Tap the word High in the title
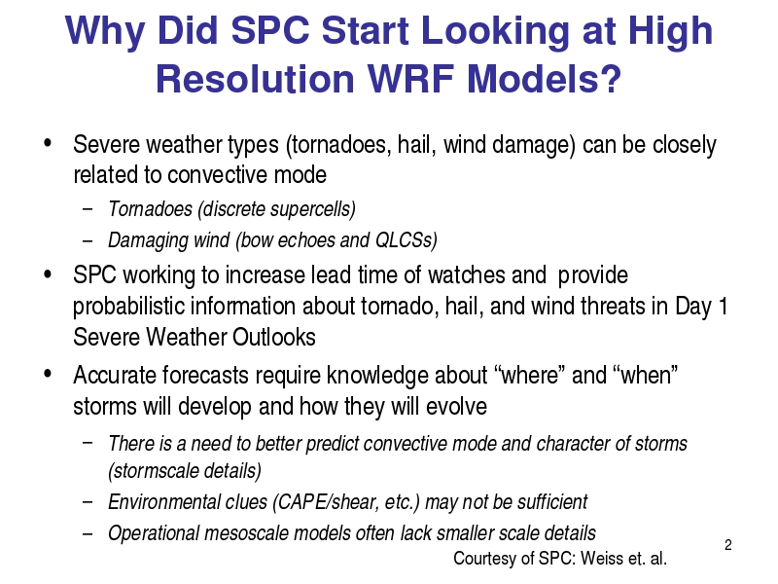coord(671,32)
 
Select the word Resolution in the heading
coord(255,79)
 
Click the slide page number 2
coord(727,545)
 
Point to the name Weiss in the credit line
coord(601,558)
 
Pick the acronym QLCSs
coord(406,240)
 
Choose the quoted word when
coord(646,375)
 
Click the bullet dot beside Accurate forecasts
coord(48,373)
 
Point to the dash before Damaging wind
coord(88,240)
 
